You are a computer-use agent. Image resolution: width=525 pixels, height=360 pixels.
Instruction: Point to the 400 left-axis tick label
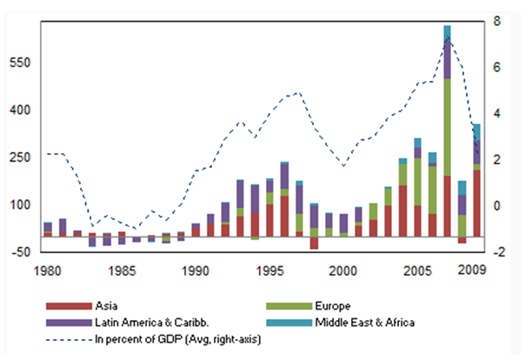pyautogui.click(x=18, y=110)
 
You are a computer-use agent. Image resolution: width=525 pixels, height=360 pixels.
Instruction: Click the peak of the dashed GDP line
pyautogui.click(x=447, y=37)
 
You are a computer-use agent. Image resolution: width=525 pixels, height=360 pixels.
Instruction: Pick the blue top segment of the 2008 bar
pyautogui.click(x=462, y=187)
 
